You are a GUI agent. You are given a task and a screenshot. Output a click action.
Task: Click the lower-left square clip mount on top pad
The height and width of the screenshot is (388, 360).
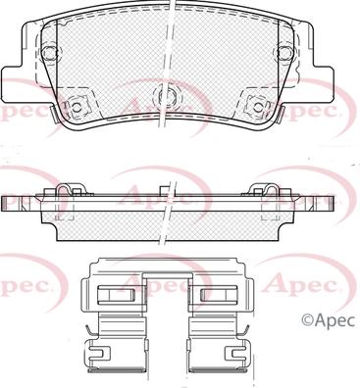pos(77,104)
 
